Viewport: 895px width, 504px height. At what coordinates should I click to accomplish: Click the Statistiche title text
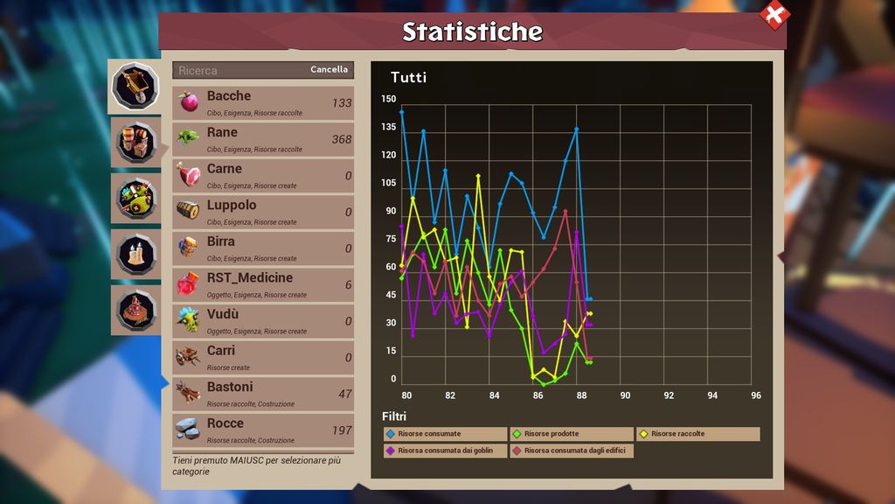[x=472, y=31]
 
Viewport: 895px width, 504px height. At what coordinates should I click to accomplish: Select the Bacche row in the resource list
[x=263, y=103]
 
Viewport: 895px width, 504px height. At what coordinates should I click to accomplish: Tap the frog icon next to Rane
[x=188, y=138]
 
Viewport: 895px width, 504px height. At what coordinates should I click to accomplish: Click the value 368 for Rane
[x=341, y=140]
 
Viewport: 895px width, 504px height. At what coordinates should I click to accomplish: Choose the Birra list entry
[x=263, y=248]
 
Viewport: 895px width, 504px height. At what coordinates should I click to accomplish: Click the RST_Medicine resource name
[x=250, y=278]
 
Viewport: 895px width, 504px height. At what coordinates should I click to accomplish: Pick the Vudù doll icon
[x=188, y=320]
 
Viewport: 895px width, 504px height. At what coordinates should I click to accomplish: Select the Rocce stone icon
[x=188, y=429]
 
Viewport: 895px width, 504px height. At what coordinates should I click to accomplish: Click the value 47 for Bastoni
[x=344, y=395]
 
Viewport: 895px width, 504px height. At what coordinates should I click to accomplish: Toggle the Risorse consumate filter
[x=446, y=434]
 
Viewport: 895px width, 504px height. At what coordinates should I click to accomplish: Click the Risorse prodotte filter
[x=572, y=434]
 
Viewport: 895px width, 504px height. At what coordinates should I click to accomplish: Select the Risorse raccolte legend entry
[x=698, y=434]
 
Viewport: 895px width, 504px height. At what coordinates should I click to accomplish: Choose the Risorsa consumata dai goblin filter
[x=446, y=451]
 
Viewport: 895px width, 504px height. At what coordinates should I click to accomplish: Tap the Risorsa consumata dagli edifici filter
[x=572, y=451]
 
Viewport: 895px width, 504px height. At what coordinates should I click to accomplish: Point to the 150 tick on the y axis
[x=389, y=99]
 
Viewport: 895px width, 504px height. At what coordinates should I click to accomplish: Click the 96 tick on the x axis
[x=756, y=395]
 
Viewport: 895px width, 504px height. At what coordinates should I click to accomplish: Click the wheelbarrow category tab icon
[x=135, y=85]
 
